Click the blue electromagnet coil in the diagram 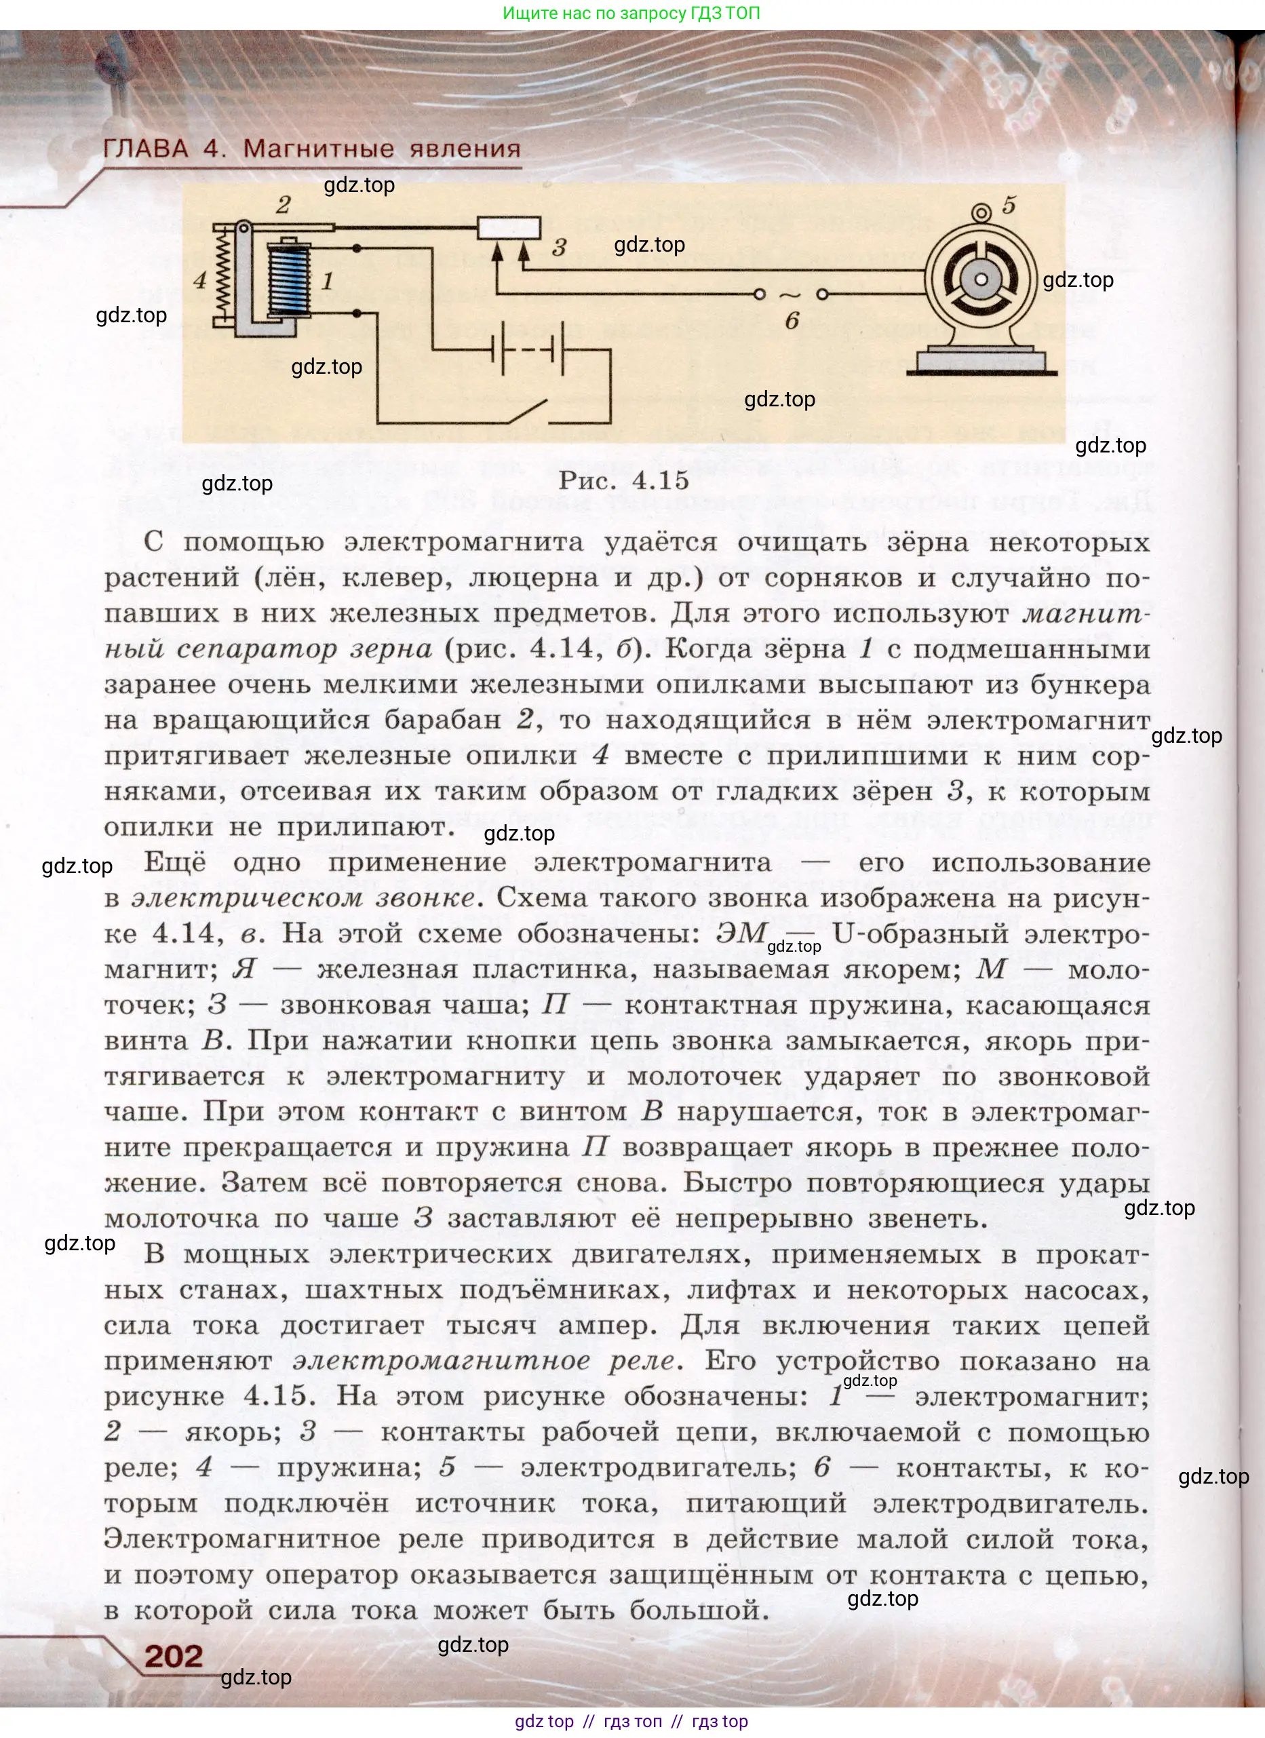coord(288,279)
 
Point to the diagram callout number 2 coord(283,205)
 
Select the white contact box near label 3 coord(509,228)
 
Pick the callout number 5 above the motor coord(1009,206)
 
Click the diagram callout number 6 coord(792,321)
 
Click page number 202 coord(174,1656)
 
